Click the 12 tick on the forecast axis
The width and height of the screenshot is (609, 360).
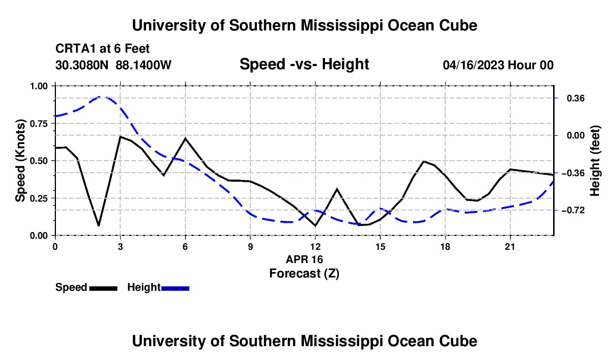(x=316, y=246)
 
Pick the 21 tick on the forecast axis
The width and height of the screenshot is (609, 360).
(x=510, y=246)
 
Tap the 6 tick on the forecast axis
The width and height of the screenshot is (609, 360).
(x=185, y=246)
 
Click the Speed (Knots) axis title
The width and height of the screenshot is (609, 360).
(x=20, y=161)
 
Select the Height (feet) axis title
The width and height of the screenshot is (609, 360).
(x=595, y=161)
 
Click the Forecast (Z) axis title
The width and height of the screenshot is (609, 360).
(x=304, y=274)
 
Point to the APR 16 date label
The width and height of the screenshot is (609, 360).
(x=304, y=259)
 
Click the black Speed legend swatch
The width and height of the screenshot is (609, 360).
(x=104, y=288)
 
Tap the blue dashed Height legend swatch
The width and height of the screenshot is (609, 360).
(x=175, y=288)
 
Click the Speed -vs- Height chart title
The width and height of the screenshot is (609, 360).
(x=304, y=64)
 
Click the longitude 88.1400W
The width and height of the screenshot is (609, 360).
(x=143, y=65)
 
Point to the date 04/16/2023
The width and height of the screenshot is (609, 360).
(x=473, y=65)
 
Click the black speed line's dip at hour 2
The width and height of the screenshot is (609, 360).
(x=99, y=225)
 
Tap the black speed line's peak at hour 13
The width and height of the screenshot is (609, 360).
(x=337, y=189)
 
